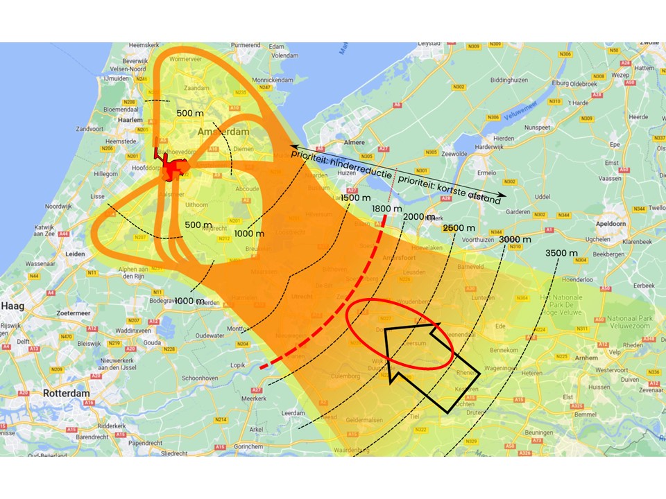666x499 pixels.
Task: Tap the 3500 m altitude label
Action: pos(562,252)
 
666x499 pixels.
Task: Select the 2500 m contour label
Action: pos(459,228)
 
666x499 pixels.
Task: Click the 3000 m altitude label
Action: pos(515,240)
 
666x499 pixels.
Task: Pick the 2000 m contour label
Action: pos(418,217)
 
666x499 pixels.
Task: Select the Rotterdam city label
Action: pos(67,393)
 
